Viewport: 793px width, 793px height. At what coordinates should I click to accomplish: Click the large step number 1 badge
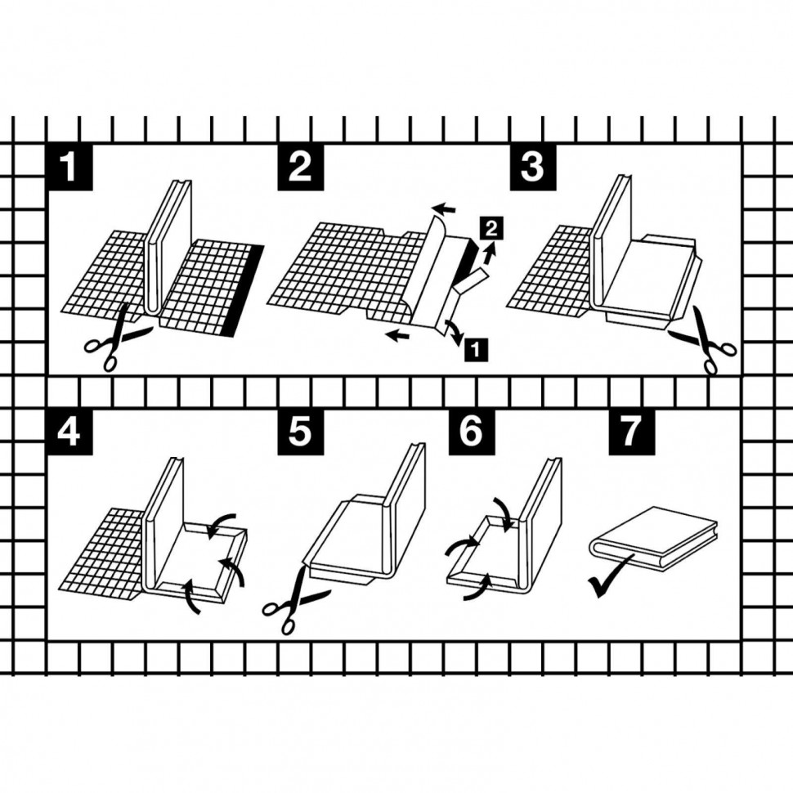(69, 168)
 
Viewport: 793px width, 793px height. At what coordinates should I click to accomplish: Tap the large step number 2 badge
(300, 168)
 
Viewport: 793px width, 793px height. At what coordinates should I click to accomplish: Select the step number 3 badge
(532, 168)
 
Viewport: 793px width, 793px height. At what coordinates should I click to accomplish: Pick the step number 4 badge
(69, 432)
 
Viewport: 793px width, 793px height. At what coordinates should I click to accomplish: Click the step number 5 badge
(300, 432)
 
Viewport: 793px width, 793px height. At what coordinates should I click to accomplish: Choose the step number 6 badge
(472, 432)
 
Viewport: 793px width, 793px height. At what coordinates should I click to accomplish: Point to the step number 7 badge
(631, 432)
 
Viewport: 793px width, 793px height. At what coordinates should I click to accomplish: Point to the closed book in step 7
(654, 539)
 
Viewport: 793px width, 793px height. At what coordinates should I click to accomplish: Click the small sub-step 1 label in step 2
(476, 349)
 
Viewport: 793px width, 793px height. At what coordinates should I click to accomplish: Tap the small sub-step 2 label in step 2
(491, 230)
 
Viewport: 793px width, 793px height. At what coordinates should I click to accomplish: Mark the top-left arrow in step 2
(444, 208)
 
